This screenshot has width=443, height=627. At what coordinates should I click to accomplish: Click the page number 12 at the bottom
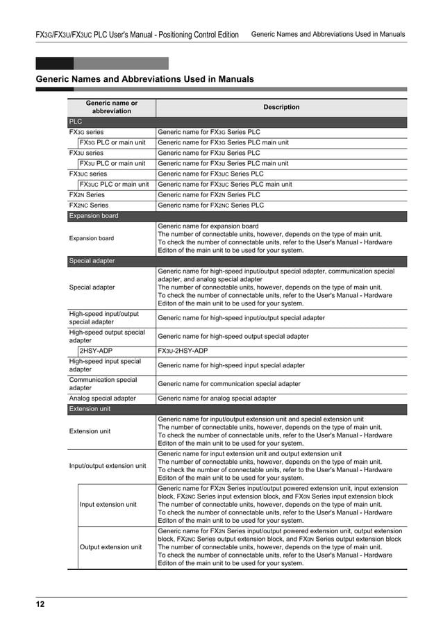tap(40, 604)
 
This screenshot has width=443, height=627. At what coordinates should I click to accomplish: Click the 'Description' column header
tap(281, 108)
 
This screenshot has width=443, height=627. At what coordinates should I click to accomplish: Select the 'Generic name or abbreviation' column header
tap(111, 107)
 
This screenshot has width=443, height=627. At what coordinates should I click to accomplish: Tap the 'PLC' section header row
tap(75, 122)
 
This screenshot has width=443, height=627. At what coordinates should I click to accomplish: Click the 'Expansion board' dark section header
tap(94, 216)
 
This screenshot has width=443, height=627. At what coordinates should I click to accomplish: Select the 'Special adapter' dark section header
tap(92, 261)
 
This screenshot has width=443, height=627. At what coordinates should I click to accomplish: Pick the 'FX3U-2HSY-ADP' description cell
tap(183, 351)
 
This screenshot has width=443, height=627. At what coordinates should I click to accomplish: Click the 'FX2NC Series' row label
tap(88, 206)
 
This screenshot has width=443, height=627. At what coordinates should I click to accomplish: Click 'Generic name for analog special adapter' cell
tap(217, 399)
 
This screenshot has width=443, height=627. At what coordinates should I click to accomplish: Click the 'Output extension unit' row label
tap(111, 547)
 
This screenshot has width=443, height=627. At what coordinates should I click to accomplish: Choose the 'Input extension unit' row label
tap(108, 505)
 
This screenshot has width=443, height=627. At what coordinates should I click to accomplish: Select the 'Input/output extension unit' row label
tap(108, 466)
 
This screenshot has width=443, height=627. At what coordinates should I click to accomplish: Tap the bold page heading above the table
tap(144, 79)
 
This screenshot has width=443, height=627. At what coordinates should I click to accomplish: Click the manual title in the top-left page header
tap(137, 35)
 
